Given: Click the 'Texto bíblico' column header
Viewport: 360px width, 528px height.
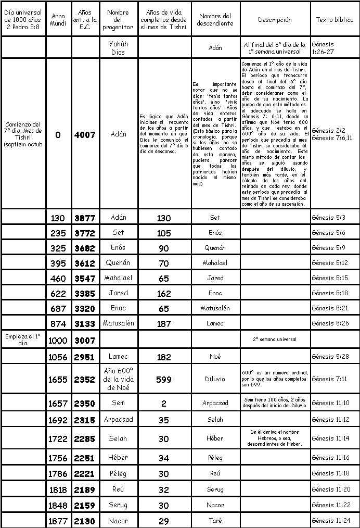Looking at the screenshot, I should pyautogui.click(x=335, y=19).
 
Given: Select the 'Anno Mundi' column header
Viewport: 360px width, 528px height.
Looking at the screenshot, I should pyautogui.click(x=57, y=19).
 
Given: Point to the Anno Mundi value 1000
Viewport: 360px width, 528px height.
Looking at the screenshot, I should pyautogui.click(x=57, y=340).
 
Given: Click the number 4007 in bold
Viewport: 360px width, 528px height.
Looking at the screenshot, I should pyautogui.click(x=85, y=134).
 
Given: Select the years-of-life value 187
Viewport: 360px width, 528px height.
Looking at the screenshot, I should pyautogui.click(x=164, y=324).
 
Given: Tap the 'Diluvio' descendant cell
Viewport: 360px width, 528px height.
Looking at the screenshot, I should pyautogui.click(x=215, y=379).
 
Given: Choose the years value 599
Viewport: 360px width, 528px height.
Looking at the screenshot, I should pyautogui.click(x=164, y=380).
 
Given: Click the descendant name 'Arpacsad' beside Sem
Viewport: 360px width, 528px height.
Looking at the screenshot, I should pyautogui.click(x=215, y=403).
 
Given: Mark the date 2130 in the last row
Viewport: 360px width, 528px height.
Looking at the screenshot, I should pyautogui.click(x=85, y=521).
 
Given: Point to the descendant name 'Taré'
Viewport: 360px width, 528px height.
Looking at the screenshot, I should pyautogui.click(x=215, y=521).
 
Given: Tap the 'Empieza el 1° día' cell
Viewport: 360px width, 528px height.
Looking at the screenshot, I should pyautogui.click(x=22, y=340).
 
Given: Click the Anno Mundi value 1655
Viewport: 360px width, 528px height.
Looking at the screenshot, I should pyautogui.click(x=57, y=380).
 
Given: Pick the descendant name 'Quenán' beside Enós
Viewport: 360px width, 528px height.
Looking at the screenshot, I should pyautogui.click(x=215, y=248).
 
